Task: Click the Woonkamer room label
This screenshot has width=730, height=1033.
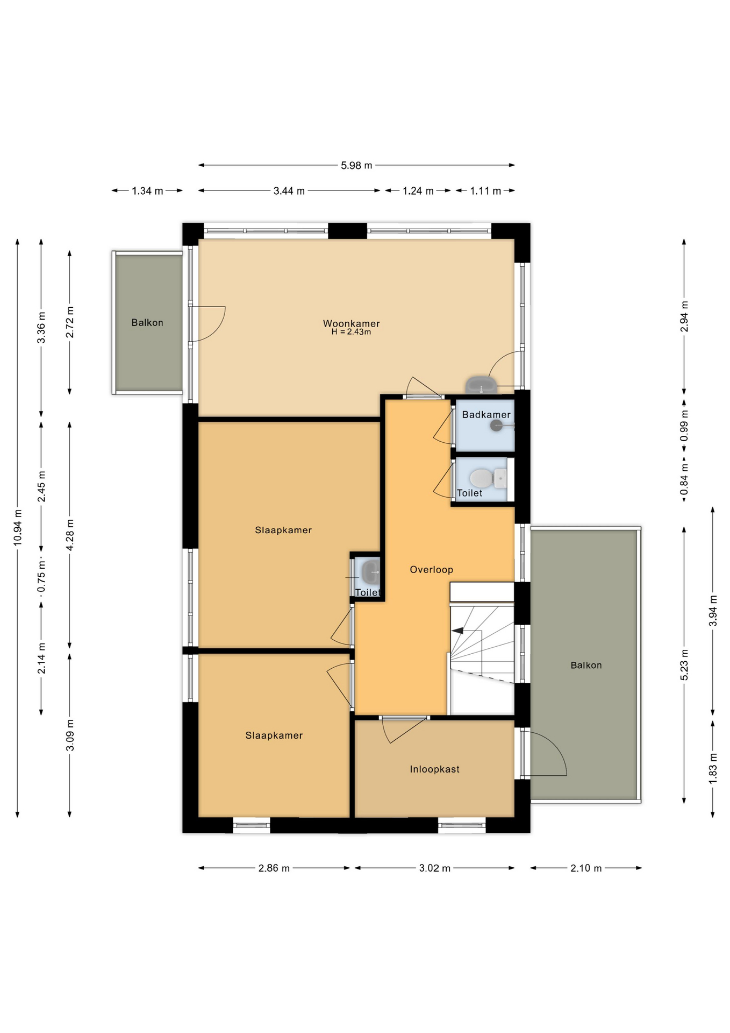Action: pyautogui.click(x=351, y=323)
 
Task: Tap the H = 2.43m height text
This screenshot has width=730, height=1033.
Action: pyautogui.click(x=351, y=332)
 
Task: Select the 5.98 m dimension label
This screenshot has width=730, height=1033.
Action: pyautogui.click(x=356, y=165)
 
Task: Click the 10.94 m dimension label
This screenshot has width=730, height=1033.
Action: pyautogui.click(x=18, y=527)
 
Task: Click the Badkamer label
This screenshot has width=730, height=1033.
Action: pyautogui.click(x=486, y=414)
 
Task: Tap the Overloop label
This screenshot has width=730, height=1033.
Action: pyautogui.click(x=431, y=569)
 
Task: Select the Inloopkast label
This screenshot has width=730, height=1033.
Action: pyautogui.click(x=434, y=769)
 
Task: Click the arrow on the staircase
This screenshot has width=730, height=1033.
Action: pyautogui.click(x=457, y=631)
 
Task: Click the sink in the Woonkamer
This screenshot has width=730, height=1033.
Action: pyautogui.click(x=481, y=385)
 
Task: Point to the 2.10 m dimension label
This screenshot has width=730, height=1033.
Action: pyautogui.click(x=586, y=868)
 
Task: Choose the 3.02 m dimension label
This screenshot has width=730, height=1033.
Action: pyautogui.click(x=435, y=868)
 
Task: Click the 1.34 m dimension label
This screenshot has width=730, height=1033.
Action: pyautogui.click(x=147, y=191)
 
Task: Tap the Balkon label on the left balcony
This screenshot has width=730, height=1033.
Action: pyautogui.click(x=147, y=323)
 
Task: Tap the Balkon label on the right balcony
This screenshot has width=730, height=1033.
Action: pyautogui.click(x=586, y=665)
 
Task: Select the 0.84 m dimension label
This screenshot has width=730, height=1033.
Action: pyautogui.click(x=684, y=479)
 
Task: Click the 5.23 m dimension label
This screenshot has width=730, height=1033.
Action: pyautogui.click(x=684, y=665)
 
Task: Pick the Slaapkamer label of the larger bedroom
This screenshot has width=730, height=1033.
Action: pyautogui.click(x=283, y=530)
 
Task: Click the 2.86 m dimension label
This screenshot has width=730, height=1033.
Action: pyautogui.click(x=274, y=868)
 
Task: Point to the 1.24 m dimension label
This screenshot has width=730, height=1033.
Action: pyautogui.click(x=418, y=191)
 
